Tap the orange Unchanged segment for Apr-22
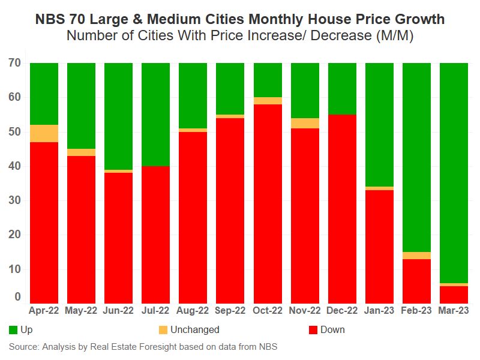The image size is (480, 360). pyautogui.click(x=44, y=133)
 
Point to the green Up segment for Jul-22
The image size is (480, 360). pyautogui.click(x=155, y=114)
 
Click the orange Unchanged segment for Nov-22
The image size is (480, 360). pyautogui.click(x=305, y=123)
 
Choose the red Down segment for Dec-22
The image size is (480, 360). pyautogui.click(x=342, y=209)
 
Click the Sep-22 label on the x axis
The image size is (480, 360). pyautogui.click(x=230, y=311)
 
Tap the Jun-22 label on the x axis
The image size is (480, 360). pyautogui.click(x=118, y=311)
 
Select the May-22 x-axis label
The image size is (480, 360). pyautogui.click(x=81, y=311)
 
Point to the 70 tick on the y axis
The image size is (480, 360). pyautogui.click(x=15, y=62)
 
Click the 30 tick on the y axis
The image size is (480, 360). pyautogui.click(x=15, y=200)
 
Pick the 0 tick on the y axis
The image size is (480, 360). pyautogui.click(x=18, y=297)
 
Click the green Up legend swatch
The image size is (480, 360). pyautogui.click(x=13, y=329)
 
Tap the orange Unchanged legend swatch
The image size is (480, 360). pyautogui.click(x=162, y=329)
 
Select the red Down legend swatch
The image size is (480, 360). pyautogui.click(x=312, y=329)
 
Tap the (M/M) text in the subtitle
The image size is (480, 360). pyautogui.click(x=394, y=35)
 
